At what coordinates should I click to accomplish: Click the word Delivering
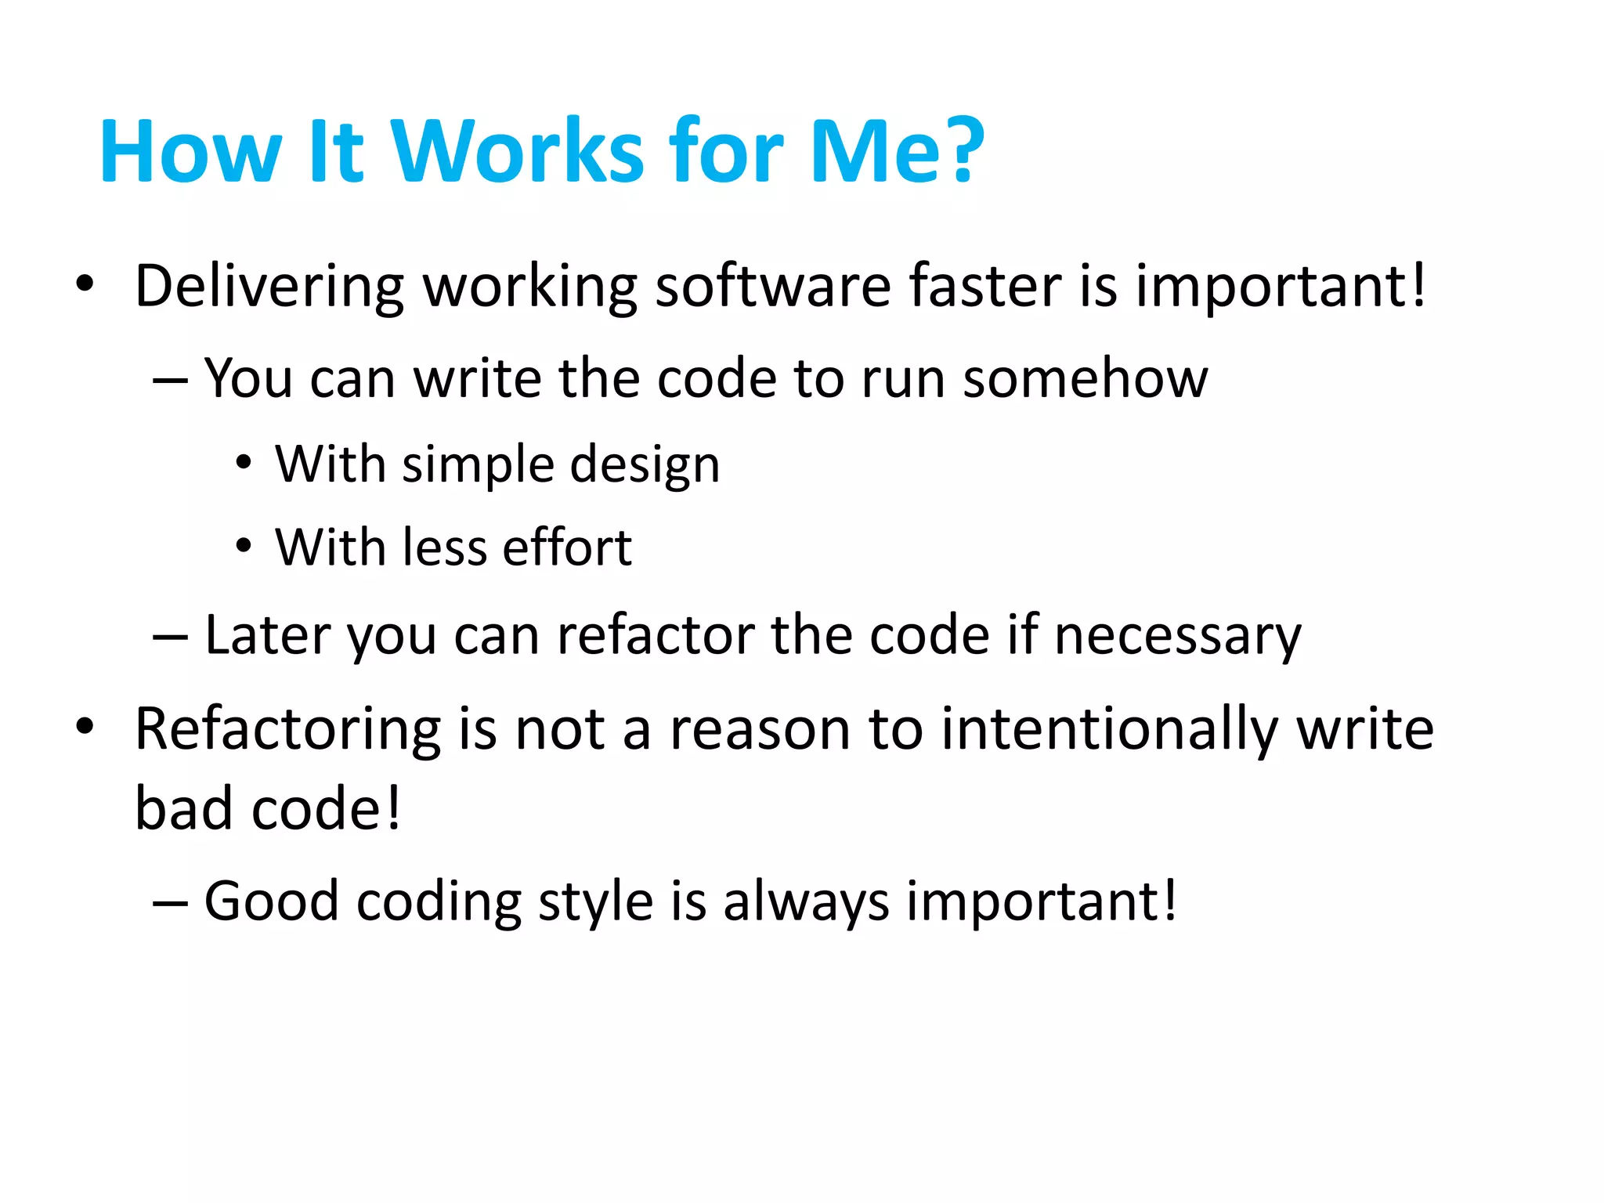click(x=269, y=287)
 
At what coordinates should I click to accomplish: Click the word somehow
click(x=1085, y=379)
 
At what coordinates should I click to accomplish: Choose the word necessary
click(x=1177, y=636)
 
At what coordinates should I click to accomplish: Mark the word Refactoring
click(x=287, y=730)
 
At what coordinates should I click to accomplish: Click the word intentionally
click(x=1110, y=730)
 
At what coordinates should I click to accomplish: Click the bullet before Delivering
click(x=85, y=283)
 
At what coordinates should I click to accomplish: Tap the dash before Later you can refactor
click(x=170, y=638)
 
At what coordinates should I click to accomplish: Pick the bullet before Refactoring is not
click(x=85, y=726)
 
